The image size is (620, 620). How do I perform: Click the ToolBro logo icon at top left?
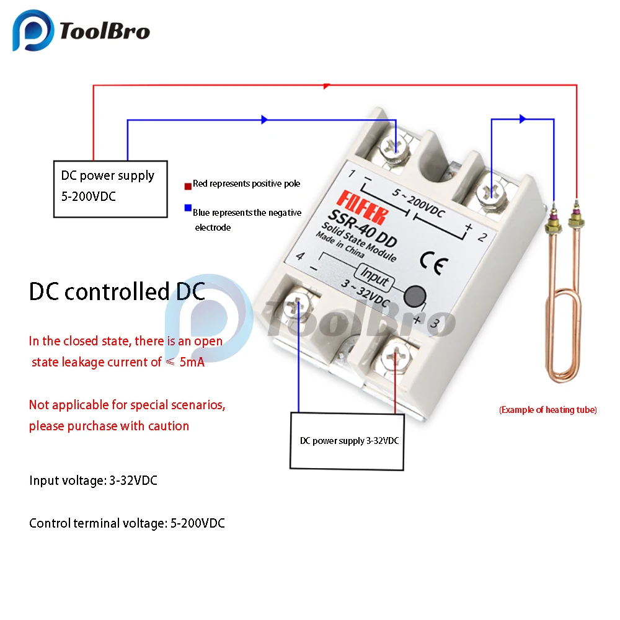tap(35, 31)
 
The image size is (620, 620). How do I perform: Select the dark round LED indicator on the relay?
tap(415, 297)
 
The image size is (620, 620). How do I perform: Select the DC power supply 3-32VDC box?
tap(348, 440)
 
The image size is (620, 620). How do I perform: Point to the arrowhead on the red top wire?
tap(327, 86)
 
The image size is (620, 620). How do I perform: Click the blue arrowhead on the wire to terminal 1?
tap(265, 120)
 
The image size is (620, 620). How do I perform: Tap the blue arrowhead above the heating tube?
tap(523, 118)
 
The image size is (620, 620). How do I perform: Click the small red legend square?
tap(187, 185)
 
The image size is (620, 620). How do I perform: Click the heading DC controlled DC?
tap(117, 291)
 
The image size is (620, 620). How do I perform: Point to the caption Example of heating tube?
tap(547, 410)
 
